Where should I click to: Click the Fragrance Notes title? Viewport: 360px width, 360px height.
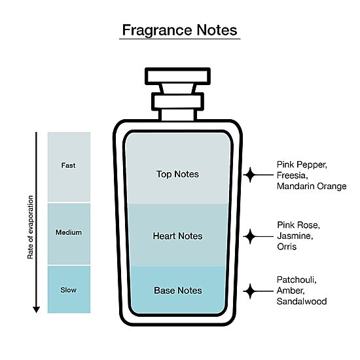[179, 30]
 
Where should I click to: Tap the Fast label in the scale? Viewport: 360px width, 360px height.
[69, 166]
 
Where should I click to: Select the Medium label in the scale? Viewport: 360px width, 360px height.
[69, 232]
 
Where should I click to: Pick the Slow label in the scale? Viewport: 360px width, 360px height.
[69, 290]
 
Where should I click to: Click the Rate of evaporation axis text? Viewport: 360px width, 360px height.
[30, 227]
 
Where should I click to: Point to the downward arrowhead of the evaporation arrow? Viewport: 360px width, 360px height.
[36, 310]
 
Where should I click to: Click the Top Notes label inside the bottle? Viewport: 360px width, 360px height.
[177, 174]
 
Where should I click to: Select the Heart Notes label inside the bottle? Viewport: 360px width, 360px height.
[177, 236]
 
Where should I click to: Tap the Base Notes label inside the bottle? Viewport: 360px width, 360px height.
[178, 291]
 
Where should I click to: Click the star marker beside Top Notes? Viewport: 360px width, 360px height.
[250, 175]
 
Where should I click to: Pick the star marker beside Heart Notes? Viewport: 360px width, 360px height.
[250, 236]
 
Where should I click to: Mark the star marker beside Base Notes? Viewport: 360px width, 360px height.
[250, 291]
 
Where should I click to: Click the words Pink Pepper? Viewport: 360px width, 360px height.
[302, 164]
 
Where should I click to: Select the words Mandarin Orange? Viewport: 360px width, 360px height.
[312, 186]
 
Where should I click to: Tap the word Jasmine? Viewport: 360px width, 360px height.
[295, 236]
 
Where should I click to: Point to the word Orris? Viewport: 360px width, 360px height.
[287, 247]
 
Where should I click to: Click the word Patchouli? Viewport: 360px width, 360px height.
[297, 279]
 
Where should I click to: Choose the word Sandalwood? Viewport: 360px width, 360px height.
[302, 301]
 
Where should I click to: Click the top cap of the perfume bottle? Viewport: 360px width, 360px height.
[177, 76]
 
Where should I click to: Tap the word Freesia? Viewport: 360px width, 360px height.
[292, 175]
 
